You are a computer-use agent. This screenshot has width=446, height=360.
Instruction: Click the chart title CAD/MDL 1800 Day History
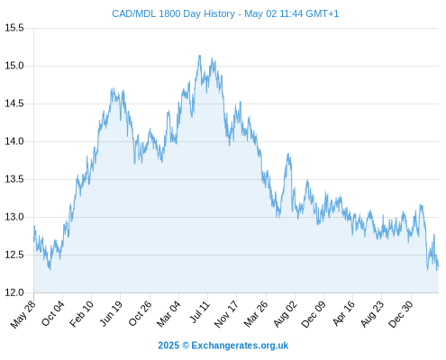pyautogui.click(x=174, y=13)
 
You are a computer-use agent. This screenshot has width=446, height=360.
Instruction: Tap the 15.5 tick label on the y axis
pyautogui.click(x=14, y=28)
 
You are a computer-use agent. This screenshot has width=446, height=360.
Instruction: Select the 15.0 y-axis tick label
pyautogui.click(x=14, y=66)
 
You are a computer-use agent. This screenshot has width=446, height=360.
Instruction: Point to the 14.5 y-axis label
pyautogui.click(x=14, y=103)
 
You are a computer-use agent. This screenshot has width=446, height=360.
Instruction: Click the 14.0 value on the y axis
pyautogui.click(x=14, y=141)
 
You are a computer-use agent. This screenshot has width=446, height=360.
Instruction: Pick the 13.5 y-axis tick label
pyautogui.click(x=14, y=179)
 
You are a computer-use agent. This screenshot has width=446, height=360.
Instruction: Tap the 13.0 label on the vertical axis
pyautogui.click(x=14, y=217)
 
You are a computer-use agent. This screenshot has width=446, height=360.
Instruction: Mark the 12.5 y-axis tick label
pyautogui.click(x=14, y=255)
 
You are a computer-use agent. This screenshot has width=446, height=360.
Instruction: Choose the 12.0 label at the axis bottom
pyautogui.click(x=14, y=292)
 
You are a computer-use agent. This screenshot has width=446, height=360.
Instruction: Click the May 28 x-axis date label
pyautogui.click(x=23, y=314)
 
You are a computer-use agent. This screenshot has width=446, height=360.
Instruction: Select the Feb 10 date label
pyautogui.click(x=82, y=314)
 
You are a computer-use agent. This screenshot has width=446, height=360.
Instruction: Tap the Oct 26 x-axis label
pyautogui.click(x=141, y=313)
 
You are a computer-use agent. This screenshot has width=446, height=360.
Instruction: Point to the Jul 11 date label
pyautogui.click(x=200, y=312)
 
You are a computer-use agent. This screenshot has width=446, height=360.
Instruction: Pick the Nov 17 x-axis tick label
pyautogui.click(x=226, y=314)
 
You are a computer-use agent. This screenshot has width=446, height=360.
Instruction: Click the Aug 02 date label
pyautogui.click(x=286, y=314)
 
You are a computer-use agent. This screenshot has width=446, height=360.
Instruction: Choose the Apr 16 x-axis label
pyautogui.click(x=344, y=313)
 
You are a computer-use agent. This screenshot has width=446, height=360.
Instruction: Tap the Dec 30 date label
pyautogui.click(x=401, y=314)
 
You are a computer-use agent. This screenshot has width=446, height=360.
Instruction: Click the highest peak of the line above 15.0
pyautogui.click(x=199, y=56)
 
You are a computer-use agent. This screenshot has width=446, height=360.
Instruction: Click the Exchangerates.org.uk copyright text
pyautogui.click(x=223, y=346)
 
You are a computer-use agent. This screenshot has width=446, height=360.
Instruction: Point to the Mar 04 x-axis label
pyautogui.click(x=168, y=314)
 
